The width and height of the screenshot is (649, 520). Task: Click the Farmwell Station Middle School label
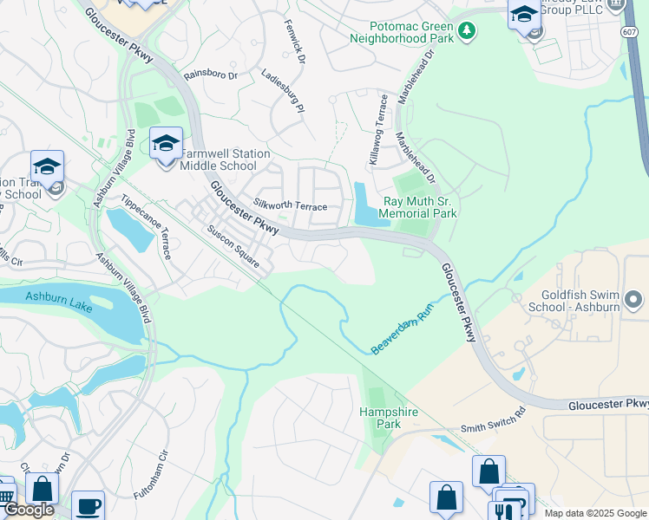pos(225,159)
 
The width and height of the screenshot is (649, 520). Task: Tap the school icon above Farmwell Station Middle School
pos(165,142)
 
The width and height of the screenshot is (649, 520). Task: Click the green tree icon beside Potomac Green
pos(467,31)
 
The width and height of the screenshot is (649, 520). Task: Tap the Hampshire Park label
pos(380,419)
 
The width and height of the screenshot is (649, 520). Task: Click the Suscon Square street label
pos(233,247)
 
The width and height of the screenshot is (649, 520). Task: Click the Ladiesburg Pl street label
pos(283,92)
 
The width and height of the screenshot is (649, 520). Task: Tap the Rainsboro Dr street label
pos(209,75)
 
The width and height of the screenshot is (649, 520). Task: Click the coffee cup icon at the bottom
pos(88,506)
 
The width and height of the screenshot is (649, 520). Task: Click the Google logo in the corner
pos(28,510)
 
